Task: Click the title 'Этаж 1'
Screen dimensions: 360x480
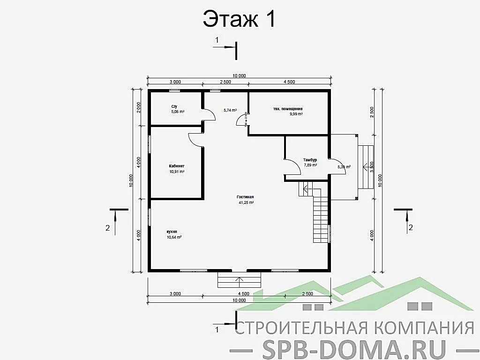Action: tap(239, 20)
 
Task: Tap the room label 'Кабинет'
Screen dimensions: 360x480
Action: tap(177, 166)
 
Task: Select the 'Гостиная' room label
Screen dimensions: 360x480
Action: tap(245, 197)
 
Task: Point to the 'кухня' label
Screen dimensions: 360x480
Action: tap(172, 232)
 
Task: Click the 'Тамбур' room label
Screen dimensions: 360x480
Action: tap(310, 160)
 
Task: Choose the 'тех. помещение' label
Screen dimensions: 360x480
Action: tap(288, 109)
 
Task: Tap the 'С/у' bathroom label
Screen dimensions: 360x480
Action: tap(174, 107)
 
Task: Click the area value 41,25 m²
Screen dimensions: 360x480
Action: tap(246, 202)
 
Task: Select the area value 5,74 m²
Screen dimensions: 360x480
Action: tap(230, 110)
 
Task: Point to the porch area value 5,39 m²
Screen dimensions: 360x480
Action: tap(344, 166)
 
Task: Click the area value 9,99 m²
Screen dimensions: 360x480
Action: tap(296, 114)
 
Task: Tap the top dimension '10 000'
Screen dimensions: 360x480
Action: tap(239, 76)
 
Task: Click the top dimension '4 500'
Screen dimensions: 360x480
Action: tap(289, 82)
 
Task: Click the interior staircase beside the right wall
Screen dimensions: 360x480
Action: tap(321, 218)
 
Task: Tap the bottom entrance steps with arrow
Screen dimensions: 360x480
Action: tap(239, 281)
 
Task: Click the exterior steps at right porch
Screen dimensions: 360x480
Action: tap(366, 166)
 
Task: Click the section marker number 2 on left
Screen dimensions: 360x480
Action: tap(108, 228)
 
